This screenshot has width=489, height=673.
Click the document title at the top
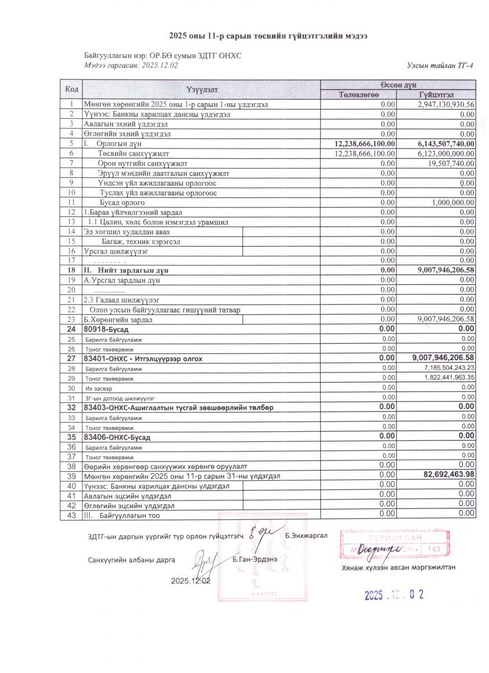pos(269,36)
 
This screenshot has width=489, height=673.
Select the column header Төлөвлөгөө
pos(359,94)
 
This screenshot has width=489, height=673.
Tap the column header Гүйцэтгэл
pos(436,94)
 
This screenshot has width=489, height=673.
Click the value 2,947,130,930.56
pos(446,104)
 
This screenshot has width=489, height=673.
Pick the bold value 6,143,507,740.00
pos(446,144)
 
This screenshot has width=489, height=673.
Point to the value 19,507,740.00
pos(451,163)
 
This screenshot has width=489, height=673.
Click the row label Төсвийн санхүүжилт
pos(133,154)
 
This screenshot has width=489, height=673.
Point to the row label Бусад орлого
pos(122,202)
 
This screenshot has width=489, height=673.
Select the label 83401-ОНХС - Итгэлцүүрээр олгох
pos(143,358)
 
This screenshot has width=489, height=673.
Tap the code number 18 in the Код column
pos(71,270)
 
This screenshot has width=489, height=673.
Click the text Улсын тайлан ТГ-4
pos(441,66)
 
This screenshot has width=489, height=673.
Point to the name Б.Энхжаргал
pos(306,536)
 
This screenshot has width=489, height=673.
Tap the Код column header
pos(71,89)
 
